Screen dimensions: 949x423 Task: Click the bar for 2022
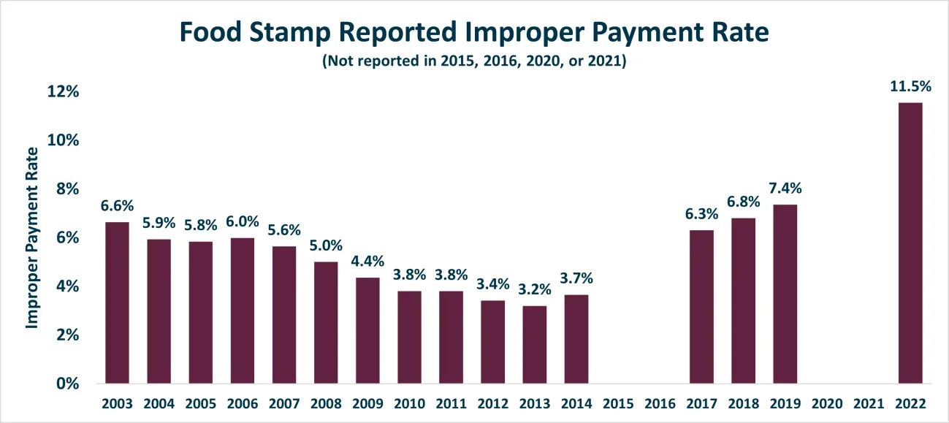pyautogui.click(x=910, y=243)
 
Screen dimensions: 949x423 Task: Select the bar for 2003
pyautogui.click(x=117, y=302)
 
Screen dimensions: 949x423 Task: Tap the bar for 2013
pyautogui.click(x=534, y=345)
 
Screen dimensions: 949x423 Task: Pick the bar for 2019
pyautogui.click(x=785, y=294)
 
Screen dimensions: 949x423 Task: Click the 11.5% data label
pyautogui.click(x=910, y=86)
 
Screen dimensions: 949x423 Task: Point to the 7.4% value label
pyautogui.click(x=785, y=188)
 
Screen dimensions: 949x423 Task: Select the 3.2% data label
pyautogui.click(x=535, y=289)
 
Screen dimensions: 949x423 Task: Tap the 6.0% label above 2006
pyautogui.click(x=243, y=221)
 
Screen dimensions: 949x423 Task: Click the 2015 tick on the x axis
pyautogui.click(x=618, y=403)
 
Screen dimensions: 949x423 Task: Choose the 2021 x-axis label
pyautogui.click(x=869, y=403)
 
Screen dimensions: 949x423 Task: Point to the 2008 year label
pyautogui.click(x=326, y=403)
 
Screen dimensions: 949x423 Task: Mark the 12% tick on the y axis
pyautogui.click(x=63, y=91)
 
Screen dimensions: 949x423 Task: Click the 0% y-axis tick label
pyautogui.click(x=68, y=384)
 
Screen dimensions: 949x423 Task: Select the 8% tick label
pyautogui.click(x=68, y=188)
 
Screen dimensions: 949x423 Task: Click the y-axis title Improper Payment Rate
pyautogui.click(x=31, y=237)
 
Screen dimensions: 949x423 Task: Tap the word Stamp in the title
pyautogui.click(x=290, y=32)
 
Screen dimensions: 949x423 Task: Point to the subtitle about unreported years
pyautogui.click(x=475, y=61)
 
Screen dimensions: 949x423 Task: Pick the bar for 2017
pyautogui.click(x=701, y=307)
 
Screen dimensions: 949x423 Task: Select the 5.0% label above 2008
pyautogui.click(x=326, y=245)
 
